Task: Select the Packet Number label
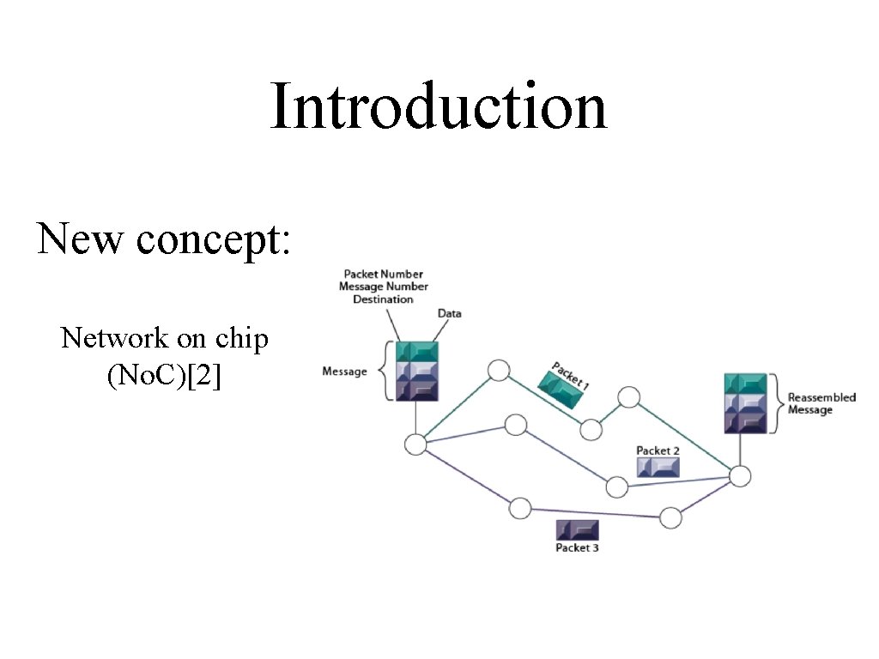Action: click(384, 275)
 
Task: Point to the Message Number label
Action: click(384, 287)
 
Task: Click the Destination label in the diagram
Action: click(383, 299)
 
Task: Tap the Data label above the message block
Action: click(449, 313)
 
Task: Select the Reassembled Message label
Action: click(821, 403)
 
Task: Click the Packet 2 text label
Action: click(658, 450)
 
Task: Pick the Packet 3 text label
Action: click(577, 547)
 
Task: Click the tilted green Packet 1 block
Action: click(561, 386)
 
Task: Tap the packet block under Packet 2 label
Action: click(658, 467)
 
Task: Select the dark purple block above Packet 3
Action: click(577, 529)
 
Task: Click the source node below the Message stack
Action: click(416, 444)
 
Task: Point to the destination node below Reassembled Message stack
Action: click(740, 476)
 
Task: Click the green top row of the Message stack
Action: click(416, 351)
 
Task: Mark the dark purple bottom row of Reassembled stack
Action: click(744, 422)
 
